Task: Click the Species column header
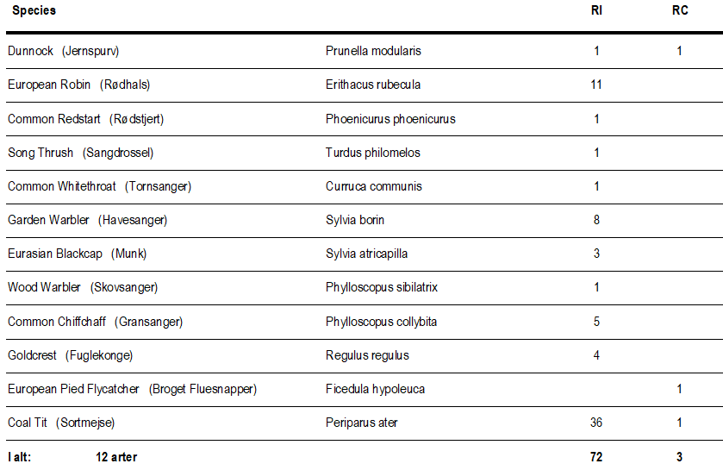(x=34, y=10)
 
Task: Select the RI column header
(x=596, y=10)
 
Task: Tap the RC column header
(x=679, y=10)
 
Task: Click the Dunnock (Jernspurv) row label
(x=64, y=51)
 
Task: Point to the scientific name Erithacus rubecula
(x=373, y=85)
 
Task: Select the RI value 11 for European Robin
(x=596, y=85)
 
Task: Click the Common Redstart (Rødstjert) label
(x=85, y=119)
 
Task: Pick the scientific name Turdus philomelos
(x=373, y=153)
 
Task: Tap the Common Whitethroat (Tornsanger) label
(x=99, y=186)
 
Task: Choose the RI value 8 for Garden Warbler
(x=596, y=220)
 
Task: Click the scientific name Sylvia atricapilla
(x=367, y=254)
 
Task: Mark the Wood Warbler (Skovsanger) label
(x=83, y=287)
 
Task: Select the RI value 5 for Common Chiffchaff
(x=596, y=322)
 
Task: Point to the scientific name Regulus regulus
(x=367, y=355)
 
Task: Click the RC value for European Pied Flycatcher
(x=679, y=389)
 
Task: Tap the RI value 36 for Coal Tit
(x=596, y=423)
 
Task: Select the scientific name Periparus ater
(x=362, y=423)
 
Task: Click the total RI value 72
(x=596, y=457)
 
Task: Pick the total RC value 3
(x=679, y=457)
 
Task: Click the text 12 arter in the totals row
(x=116, y=457)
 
